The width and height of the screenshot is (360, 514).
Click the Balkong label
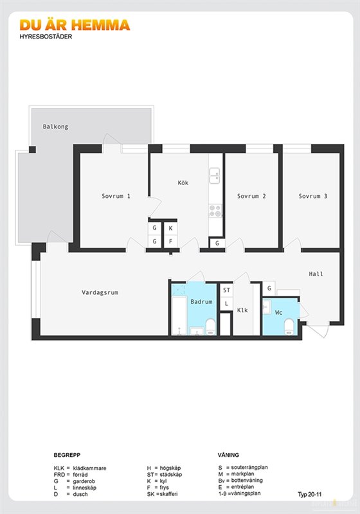[x=55, y=127]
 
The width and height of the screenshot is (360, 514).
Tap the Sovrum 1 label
[x=116, y=196]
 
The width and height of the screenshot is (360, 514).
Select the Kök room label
[x=183, y=182]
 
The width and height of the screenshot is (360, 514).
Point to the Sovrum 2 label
[x=251, y=196]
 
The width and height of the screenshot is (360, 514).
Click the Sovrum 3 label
[x=313, y=196]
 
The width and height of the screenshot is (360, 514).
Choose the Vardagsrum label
[x=100, y=292]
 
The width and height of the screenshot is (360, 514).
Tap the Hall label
[x=316, y=274]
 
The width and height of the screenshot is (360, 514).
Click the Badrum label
[x=201, y=301]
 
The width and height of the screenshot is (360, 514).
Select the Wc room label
[x=279, y=312]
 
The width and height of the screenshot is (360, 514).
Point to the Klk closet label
[x=242, y=310]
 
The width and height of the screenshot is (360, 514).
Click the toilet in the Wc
[x=289, y=326]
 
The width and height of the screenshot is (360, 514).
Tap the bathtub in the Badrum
[x=179, y=315]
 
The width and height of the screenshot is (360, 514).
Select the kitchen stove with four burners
[x=215, y=211]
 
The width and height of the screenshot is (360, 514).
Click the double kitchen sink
[x=215, y=175]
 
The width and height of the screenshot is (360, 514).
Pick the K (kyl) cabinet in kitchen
[x=170, y=228]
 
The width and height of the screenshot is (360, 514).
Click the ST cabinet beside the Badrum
[x=226, y=290]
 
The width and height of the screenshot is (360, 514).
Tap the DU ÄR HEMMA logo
[x=75, y=25]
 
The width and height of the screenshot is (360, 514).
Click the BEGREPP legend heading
[x=67, y=455]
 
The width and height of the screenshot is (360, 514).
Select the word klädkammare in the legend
[x=89, y=468]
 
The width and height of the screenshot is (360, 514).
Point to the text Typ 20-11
[x=309, y=494]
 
